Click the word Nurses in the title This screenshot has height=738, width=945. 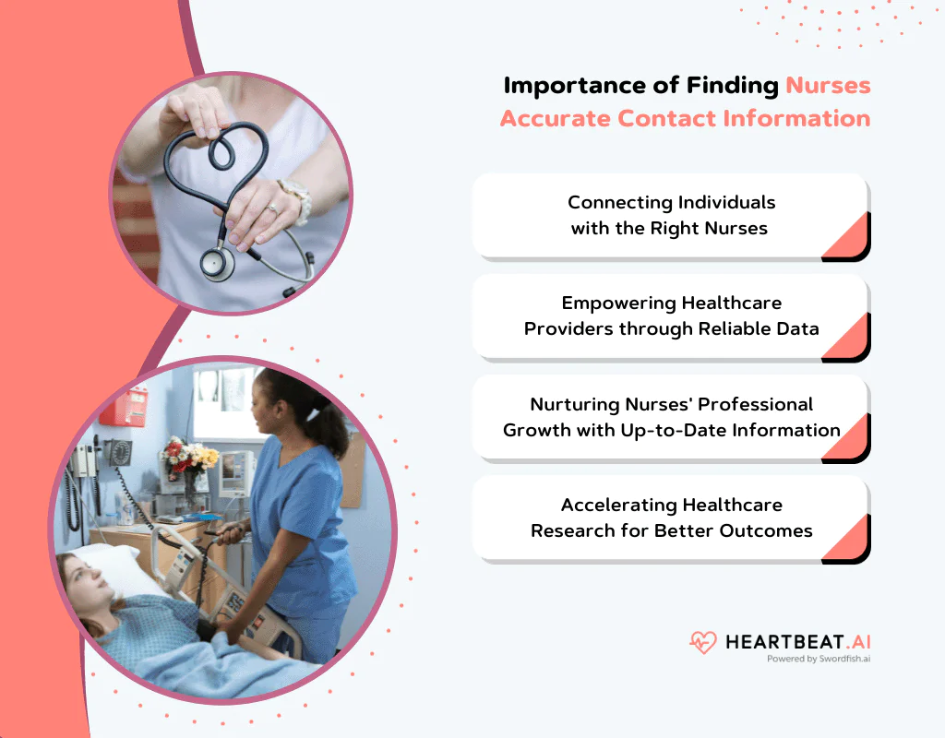tap(828, 86)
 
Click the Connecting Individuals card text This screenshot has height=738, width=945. tap(671, 215)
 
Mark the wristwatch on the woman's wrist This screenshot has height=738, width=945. tap(297, 196)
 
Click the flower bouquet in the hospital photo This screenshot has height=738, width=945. tap(188, 458)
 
